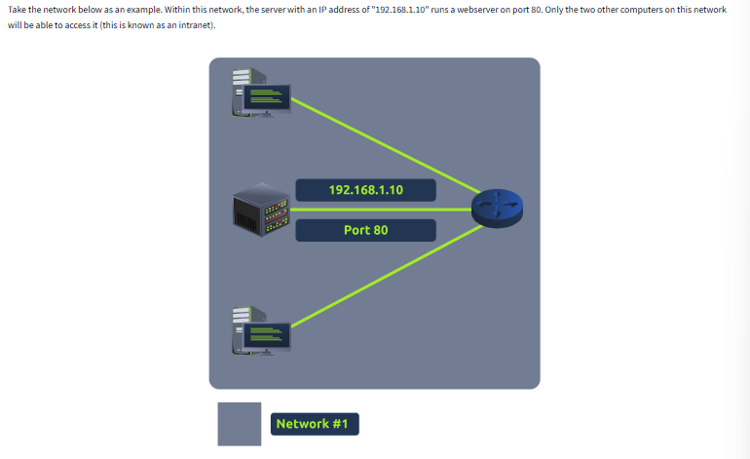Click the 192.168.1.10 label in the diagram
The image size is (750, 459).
coord(365,189)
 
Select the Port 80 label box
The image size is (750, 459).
coord(365,230)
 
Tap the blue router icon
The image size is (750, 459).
coord(497,209)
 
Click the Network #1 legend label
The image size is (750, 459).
coord(315,424)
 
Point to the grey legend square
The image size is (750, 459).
coord(239,424)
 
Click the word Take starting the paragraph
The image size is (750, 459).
coord(16,9)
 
